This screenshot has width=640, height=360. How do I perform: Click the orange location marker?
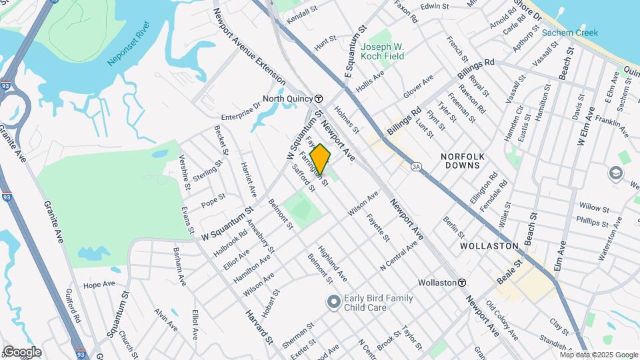point(321,159)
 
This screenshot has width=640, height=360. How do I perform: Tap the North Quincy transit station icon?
point(319,98)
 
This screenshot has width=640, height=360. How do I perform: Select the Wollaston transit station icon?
point(461,283)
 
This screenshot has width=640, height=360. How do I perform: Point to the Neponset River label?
point(129,45)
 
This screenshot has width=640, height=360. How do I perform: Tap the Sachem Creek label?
point(569,33)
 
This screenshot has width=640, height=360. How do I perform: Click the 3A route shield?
point(417,166)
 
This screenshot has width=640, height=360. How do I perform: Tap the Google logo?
point(22,351)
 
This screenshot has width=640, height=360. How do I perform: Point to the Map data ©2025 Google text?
point(598,354)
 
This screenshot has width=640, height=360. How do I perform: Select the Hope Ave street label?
point(99,285)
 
